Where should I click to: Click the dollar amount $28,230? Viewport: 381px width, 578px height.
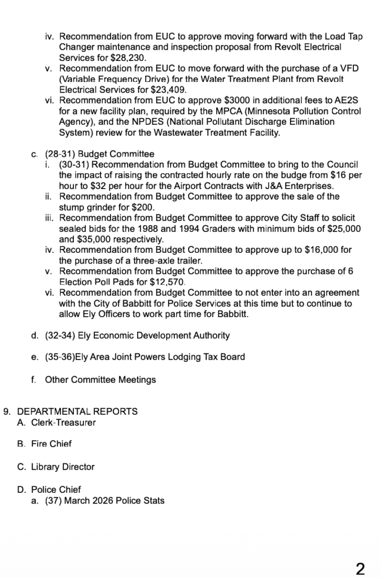[x=129, y=58]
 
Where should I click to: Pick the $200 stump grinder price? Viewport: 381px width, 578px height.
[x=140, y=207]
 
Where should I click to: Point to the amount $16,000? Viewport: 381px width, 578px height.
[x=319, y=249]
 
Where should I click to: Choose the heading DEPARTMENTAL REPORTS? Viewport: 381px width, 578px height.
[x=77, y=411]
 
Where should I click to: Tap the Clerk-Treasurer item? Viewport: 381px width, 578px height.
[x=63, y=422]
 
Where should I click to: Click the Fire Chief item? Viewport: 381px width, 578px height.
[x=51, y=444]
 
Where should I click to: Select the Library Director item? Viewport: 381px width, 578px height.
[x=63, y=467]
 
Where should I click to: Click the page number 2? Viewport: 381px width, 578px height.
[x=360, y=568]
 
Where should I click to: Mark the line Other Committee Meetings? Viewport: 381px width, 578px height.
[x=100, y=379]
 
